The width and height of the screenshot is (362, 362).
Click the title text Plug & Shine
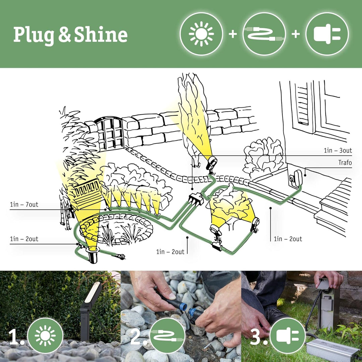pos(70,35)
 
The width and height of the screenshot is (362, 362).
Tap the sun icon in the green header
pos(201,34)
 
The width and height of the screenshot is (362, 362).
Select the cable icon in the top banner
pos(264,34)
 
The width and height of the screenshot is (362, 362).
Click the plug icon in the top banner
pos(327,34)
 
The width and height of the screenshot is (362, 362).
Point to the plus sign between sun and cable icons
pos(233,34)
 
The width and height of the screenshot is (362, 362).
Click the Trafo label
pos(345,163)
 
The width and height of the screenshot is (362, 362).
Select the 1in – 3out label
pos(338,150)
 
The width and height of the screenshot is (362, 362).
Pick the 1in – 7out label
pos(24,204)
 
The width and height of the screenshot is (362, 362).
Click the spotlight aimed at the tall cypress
pos(212,163)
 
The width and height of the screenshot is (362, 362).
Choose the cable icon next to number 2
pos(167,336)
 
